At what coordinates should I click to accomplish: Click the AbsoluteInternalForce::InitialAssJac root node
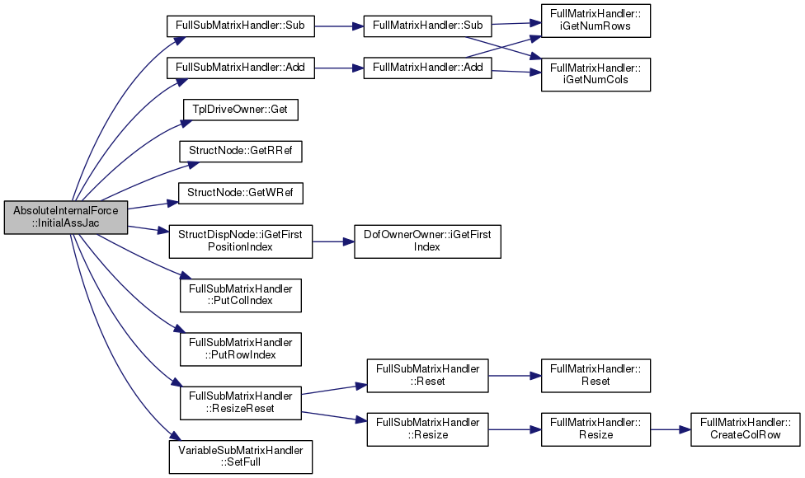click(66, 218)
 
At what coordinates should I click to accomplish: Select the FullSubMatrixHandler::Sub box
click(240, 26)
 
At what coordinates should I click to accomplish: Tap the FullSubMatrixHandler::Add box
click(240, 68)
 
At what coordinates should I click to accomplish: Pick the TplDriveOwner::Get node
click(240, 110)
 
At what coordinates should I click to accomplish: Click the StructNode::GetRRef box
click(240, 152)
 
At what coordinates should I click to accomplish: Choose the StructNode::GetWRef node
click(240, 194)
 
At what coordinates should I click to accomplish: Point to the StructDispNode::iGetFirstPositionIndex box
click(240, 241)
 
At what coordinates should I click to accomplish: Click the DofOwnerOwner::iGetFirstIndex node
click(427, 241)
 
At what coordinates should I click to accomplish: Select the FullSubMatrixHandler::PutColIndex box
click(240, 295)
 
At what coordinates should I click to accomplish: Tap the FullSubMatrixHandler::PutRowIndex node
click(240, 349)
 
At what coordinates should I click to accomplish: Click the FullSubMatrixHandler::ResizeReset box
click(240, 403)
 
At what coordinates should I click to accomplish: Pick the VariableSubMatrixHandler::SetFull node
click(240, 457)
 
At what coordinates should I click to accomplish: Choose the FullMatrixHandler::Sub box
click(427, 26)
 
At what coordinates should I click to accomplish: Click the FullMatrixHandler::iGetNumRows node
click(596, 21)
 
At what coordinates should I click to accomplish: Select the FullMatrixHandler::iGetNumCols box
click(596, 74)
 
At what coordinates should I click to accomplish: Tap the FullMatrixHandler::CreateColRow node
click(745, 429)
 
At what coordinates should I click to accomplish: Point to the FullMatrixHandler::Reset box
click(596, 376)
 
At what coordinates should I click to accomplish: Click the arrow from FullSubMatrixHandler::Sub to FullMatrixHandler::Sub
click(339, 26)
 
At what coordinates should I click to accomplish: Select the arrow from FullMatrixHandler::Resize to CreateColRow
click(671, 429)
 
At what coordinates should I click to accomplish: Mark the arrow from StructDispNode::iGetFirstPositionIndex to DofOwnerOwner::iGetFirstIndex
click(333, 241)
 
